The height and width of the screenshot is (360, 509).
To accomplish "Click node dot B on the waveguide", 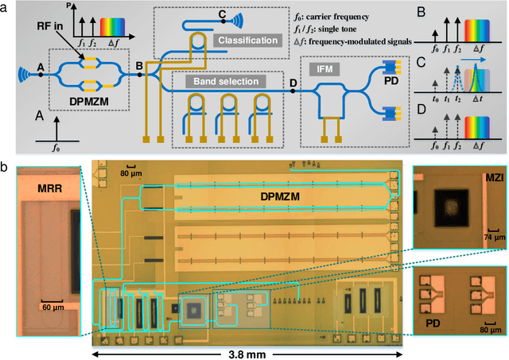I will coord(140,76).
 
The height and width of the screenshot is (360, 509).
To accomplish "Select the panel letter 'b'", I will coord(6,169).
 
